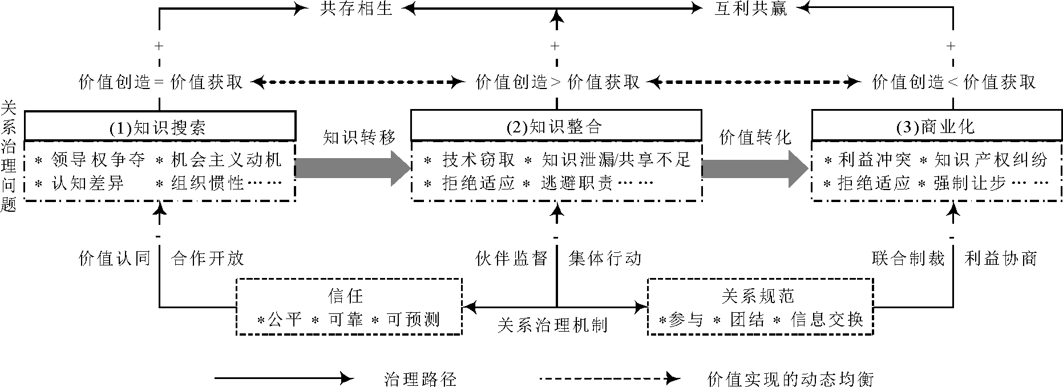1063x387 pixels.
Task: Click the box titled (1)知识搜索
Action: click(x=160, y=126)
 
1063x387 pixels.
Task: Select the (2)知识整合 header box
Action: click(x=556, y=126)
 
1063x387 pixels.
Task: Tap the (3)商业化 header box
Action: click(x=937, y=126)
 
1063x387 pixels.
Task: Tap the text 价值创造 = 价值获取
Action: click(x=161, y=83)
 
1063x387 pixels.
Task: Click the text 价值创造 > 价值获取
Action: click(x=557, y=83)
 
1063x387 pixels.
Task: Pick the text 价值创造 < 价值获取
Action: click(x=953, y=83)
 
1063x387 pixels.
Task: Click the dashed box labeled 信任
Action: click(x=349, y=307)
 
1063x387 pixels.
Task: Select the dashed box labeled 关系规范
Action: click(x=760, y=307)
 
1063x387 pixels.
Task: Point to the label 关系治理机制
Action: click(x=552, y=325)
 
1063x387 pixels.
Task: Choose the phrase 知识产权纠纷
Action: click(x=991, y=160)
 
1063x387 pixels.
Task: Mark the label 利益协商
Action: click(x=1000, y=259)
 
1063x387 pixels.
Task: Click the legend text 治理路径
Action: click(x=421, y=378)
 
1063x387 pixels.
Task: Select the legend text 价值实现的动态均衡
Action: click(x=790, y=378)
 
